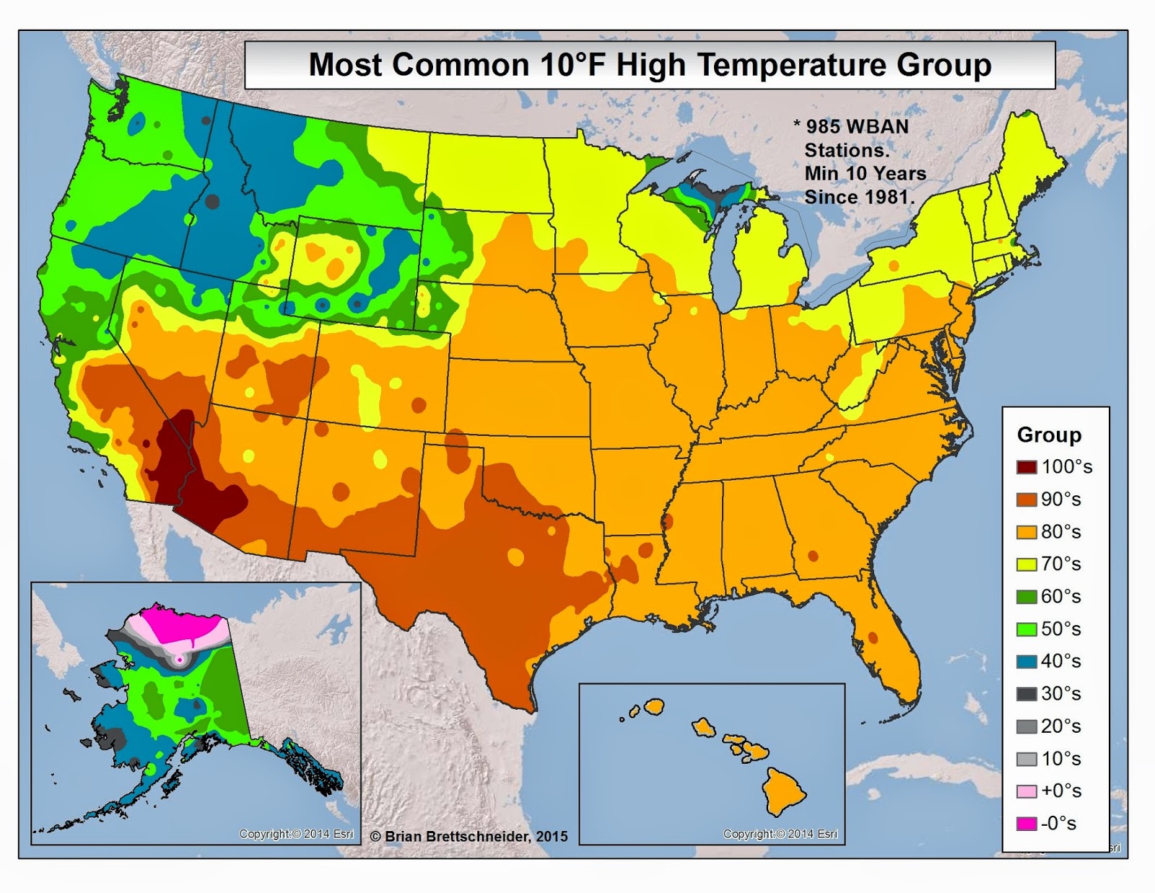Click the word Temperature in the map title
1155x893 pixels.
[x=792, y=65]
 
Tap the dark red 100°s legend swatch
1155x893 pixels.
[x=1027, y=467]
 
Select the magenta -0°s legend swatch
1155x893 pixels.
[x=1027, y=824]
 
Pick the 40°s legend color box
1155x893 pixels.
[x=1027, y=661]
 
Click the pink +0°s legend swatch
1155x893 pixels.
[x=1027, y=791]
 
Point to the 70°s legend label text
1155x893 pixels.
[x=1060, y=564]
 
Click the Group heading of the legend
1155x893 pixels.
[x=1049, y=435]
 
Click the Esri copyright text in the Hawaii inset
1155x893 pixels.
[x=780, y=834]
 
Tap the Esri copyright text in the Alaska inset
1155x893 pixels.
[x=296, y=834]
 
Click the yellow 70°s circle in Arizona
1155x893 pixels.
[x=248, y=456]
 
